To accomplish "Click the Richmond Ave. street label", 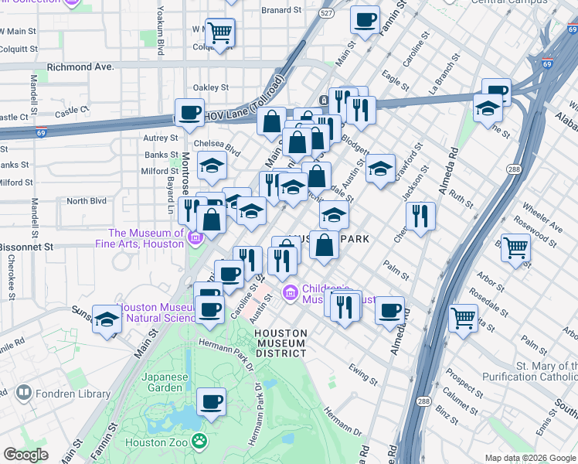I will coord(80,67).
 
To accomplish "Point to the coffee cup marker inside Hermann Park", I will coord(211,402).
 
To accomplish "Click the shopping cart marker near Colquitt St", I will coord(220,32).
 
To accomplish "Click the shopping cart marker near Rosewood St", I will coord(515,249).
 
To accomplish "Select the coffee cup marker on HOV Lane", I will coord(189,114).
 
